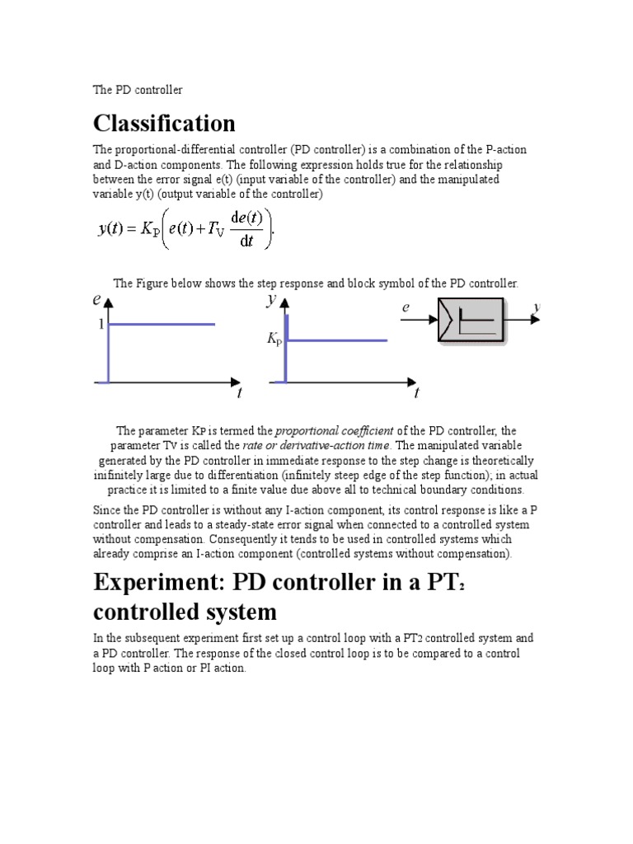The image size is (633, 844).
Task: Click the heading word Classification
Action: [x=164, y=124]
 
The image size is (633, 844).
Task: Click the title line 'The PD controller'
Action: [x=137, y=89]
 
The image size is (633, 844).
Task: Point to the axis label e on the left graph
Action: [x=97, y=301]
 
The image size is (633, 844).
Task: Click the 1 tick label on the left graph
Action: [x=101, y=325]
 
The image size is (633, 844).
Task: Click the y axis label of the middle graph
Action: [x=271, y=300]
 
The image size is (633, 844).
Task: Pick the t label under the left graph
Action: [x=240, y=393]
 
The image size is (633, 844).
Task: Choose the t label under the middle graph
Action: [x=416, y=393]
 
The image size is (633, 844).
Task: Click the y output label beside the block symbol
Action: [x=537, y=307]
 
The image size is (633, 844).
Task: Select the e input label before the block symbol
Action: [x=406, y=307]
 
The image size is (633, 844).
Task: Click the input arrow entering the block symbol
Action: [x=419, y=321]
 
